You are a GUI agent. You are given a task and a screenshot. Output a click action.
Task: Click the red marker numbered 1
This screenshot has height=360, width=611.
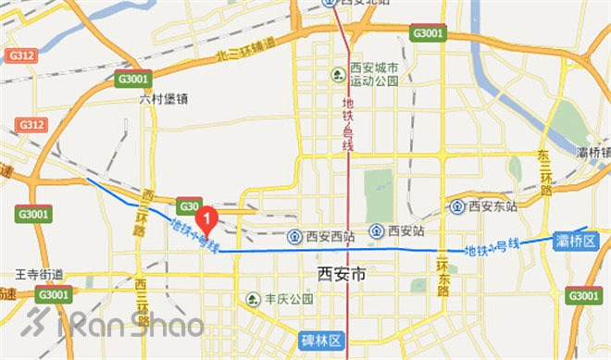[209, 219]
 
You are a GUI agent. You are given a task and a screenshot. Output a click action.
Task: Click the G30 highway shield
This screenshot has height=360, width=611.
[190, 205]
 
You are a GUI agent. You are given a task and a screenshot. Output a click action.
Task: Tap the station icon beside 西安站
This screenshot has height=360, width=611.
[378, 230]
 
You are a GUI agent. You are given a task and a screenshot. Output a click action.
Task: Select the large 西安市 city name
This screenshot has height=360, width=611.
[342, 274]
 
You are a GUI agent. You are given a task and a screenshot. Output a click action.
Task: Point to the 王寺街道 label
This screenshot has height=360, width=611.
[40, 275]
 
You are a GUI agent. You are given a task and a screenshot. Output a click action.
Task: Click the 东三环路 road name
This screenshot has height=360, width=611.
[545, 172]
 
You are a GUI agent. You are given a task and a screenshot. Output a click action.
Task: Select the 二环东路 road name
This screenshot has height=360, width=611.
[443, 274]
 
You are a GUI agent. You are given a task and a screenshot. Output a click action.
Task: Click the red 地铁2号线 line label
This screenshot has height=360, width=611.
[349, 125]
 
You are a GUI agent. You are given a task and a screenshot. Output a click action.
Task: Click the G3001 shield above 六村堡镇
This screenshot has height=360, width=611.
[134, 80]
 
